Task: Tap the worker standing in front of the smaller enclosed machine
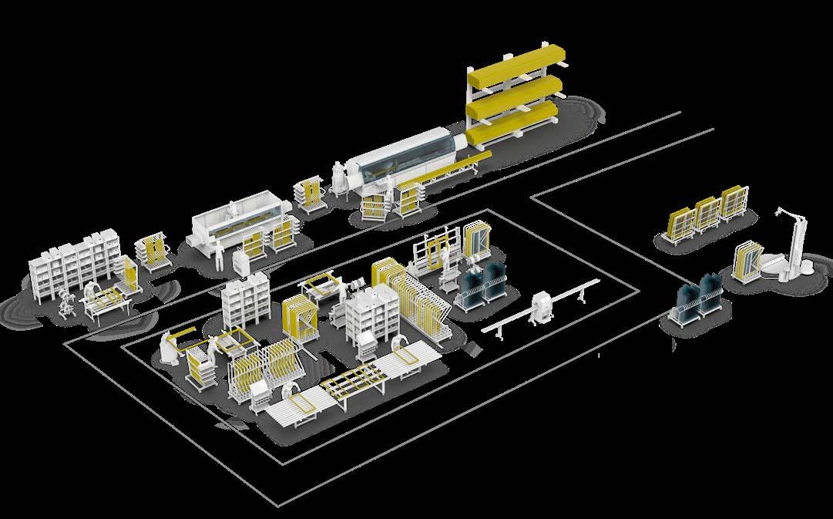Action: (x=219, y=254)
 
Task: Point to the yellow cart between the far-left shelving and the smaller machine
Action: (x=153, y=251)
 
